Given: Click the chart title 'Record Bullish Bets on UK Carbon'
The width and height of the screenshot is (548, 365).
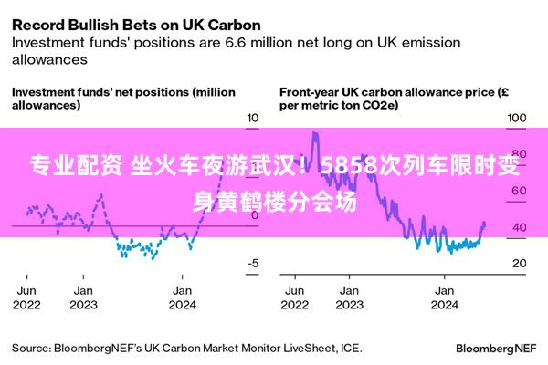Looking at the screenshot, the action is click(x=136, y=26).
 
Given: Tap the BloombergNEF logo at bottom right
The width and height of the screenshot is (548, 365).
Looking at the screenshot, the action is click(x=496, y=349).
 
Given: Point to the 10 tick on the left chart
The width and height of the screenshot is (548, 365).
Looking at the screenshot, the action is click(x=253, y=118).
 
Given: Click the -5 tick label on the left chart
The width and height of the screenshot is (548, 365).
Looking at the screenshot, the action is click(x=253, y=263).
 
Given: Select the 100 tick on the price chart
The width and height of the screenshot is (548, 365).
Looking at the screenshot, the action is click(x=517, y=118).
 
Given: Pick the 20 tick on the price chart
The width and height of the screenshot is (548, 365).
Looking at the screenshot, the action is click(x=520, y=263).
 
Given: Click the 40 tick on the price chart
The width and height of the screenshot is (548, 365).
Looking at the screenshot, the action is click(x=520, y=227).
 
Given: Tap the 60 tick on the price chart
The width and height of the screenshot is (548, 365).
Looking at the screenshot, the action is click(x=520, y=191).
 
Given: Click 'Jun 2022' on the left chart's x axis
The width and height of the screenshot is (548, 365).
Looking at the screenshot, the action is click(x=26, y=297).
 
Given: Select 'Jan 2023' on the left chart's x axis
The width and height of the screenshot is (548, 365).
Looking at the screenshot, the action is click(x=83, y=297).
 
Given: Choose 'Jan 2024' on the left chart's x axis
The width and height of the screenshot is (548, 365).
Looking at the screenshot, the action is click(x=182, y=297).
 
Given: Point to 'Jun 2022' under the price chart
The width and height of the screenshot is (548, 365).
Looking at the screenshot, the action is click(x=295, y=297).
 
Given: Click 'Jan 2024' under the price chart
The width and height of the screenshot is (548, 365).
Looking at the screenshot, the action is click(x=444, y=297).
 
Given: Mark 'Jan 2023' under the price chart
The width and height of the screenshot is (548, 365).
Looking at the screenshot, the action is click(x=350, y=297).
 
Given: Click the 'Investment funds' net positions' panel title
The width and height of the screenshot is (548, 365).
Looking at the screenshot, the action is click(x=123, y=99).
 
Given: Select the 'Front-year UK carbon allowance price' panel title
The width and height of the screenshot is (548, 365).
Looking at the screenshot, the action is click(x=394, y=99).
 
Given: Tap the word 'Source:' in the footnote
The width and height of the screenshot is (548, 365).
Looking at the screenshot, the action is click(x=31, y=349).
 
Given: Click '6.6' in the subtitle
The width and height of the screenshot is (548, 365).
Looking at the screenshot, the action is click(x=237, y=43).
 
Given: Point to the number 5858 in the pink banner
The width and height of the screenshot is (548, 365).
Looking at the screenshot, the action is click(x=350, y=165).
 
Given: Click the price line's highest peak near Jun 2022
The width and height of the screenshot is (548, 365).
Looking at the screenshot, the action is click(x=315, y=132).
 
